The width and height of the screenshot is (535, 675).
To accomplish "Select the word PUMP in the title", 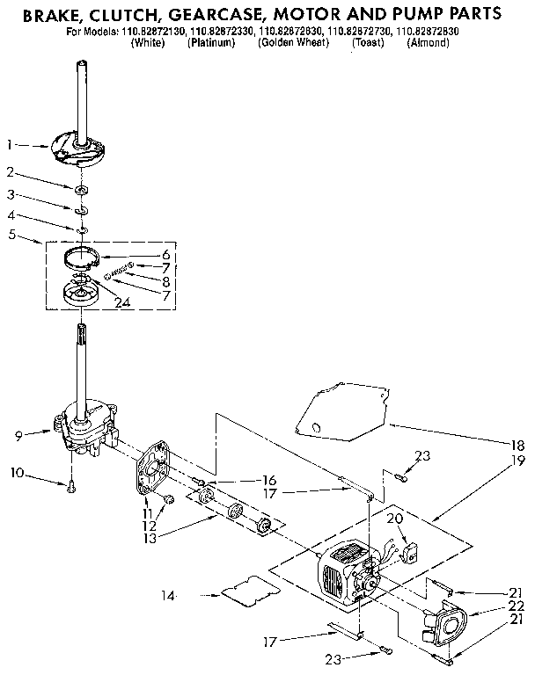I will tap(429, 14).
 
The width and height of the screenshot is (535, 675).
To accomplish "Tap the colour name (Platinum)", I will tap(211, 43).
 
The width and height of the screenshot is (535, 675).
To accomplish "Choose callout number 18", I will tap(518, 446).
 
